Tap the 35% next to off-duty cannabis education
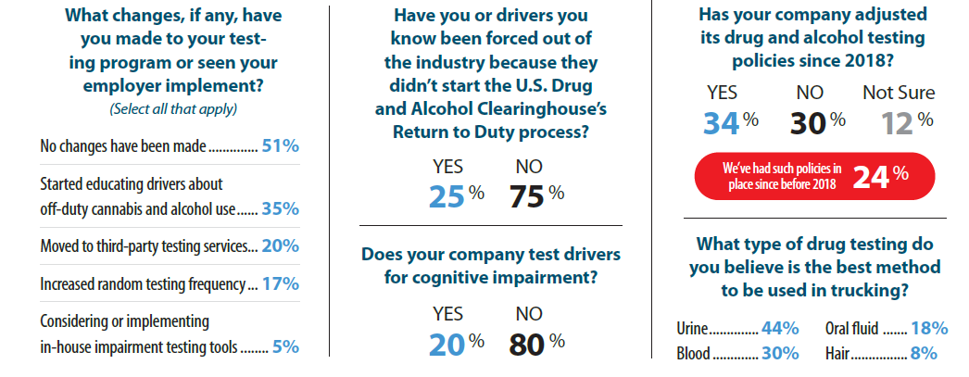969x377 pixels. click(x=281, y=208)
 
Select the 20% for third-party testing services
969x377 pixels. click(x=281, y=245)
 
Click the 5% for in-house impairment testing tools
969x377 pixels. click(x=286, y=347)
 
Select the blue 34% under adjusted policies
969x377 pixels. click(x=728, y=121)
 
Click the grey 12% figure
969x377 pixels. click(x=899, y=121)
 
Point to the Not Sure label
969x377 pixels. click(x=899, y=93)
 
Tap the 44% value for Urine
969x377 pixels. click(x=781, y=328)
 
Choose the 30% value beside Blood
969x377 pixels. click(x=781, y=353)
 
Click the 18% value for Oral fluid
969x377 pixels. click(x=929, y=328)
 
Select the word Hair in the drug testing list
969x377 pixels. click(x=837, y=353)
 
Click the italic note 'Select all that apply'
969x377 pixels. click(x=172, y=107)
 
